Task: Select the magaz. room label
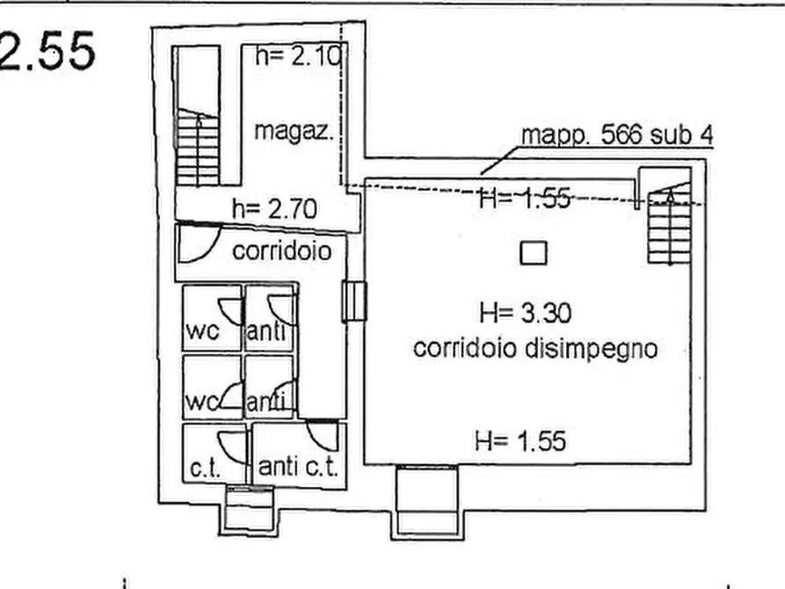(294, 132)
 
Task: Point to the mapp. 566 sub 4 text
(617, 135)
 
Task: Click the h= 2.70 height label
(273, 208)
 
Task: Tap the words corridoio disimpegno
(535, 348)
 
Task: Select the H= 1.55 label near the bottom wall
(520, 440)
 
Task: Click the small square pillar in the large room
(534, 253)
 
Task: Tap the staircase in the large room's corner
(668, 224)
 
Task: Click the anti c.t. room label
(298, 466)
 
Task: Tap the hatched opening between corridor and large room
(354, 302)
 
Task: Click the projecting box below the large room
(426, 502)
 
